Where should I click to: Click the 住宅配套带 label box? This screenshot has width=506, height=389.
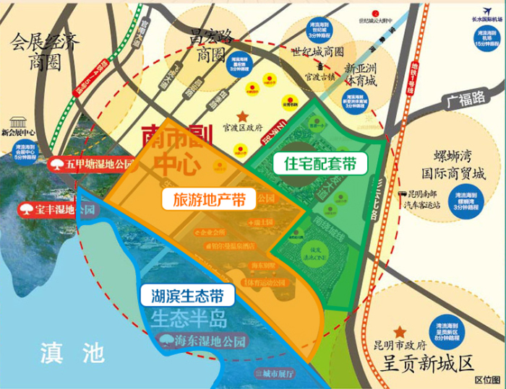(x=319, y=163)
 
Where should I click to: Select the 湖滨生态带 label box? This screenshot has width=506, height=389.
(x=187, y=295)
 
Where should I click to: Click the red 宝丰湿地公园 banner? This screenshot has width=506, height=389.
(x=56, y=211)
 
